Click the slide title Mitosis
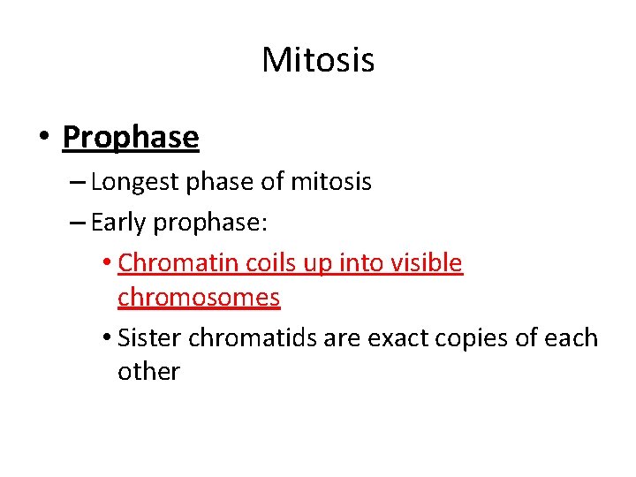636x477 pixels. click(318, 61)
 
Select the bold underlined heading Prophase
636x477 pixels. click(131, 137)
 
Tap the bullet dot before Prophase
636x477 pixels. click(44, 138)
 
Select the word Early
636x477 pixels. click(118, 223)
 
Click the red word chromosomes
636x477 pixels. click(199, 298)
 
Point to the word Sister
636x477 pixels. click(148, 338)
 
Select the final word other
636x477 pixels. click(148, 372)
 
